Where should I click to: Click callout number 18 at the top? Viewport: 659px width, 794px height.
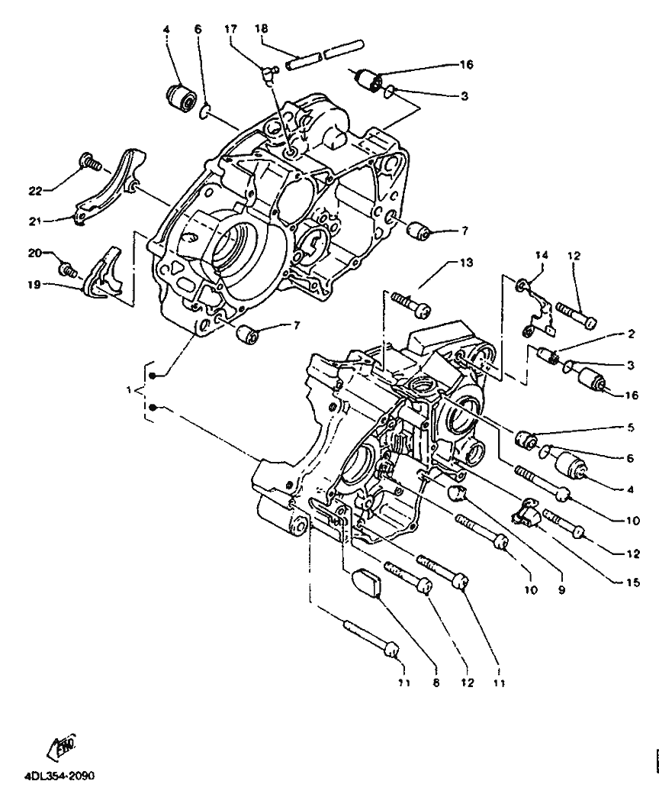(261, 28)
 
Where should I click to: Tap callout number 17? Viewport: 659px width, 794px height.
(230, 29)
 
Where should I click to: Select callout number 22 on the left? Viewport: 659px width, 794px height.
(34, 191)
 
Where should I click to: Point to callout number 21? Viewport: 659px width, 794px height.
(34, 221)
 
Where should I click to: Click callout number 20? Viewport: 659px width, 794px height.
(34, 253)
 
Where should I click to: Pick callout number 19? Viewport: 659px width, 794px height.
(34, 285)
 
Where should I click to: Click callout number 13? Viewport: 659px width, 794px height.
(466, 263)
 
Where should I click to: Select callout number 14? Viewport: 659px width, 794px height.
(542, 255)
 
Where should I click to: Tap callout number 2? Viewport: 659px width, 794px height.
(632, 334)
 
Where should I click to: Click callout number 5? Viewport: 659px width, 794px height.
(631, 428)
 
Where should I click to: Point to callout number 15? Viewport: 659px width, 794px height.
(633, 583)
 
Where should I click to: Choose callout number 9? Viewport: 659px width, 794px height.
(562, 590)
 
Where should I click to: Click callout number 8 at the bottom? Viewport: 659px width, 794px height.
(436, 683)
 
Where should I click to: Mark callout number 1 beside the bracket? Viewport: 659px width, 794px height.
(130, 390)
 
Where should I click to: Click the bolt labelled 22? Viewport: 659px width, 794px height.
(89, 161)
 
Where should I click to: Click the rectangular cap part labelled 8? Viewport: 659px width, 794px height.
(368, 583)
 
